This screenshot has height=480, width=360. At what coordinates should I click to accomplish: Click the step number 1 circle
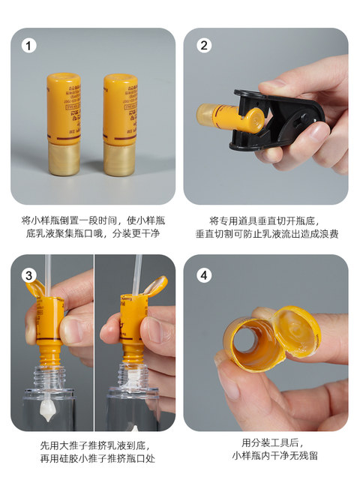click(x=29, y=46)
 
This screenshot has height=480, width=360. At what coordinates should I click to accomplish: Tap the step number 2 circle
click(x=202, y=46)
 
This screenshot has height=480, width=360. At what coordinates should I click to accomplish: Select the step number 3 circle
click(x=29, y=276)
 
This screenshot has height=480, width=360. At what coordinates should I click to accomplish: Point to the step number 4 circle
click(x=202, y=275)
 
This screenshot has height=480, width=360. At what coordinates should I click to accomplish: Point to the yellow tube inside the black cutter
click(x=225, y=116)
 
